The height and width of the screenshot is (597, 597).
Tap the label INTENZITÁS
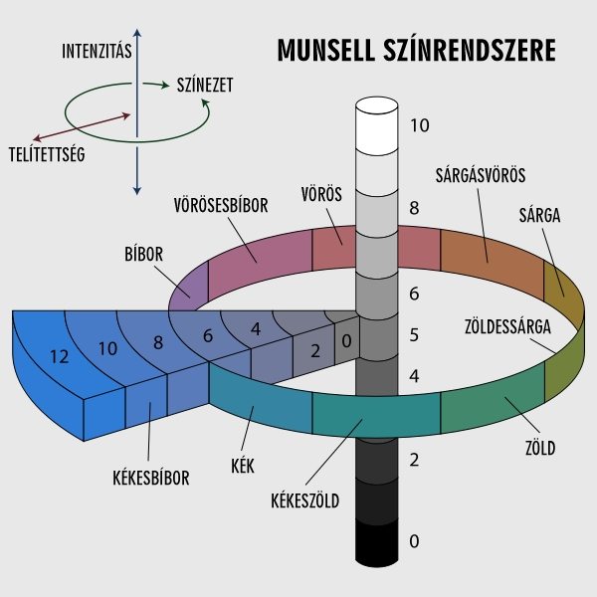tap(97, 50)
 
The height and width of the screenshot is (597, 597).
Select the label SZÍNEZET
tap(204, 86)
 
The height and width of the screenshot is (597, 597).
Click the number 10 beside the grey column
tap(418, 125)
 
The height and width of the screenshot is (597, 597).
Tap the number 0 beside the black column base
tap(414, 541)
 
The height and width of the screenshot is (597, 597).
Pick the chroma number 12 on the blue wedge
tap(59, 355)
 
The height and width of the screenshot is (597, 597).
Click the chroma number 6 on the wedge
tap(208, 335)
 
